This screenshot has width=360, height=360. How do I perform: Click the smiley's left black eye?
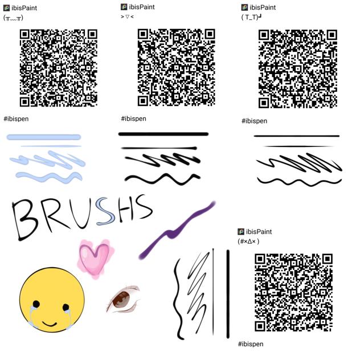36,304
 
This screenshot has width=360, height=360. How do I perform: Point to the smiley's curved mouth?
50,325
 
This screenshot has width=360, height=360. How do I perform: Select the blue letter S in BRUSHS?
105,212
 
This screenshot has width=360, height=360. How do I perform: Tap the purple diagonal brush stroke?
177,230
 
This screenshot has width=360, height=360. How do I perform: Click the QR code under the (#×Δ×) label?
294,292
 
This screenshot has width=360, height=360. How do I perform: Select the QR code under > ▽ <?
177,67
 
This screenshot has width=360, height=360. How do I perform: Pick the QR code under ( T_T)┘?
298,69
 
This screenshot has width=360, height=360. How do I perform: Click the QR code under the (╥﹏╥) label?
59,68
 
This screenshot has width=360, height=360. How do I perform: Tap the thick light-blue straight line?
44,137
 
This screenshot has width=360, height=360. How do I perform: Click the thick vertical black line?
228,294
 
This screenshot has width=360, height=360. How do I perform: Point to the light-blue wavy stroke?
49,177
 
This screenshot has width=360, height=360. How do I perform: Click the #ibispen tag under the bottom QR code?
251,344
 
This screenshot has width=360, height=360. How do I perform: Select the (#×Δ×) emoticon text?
248,242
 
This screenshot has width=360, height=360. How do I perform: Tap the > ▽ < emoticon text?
127,17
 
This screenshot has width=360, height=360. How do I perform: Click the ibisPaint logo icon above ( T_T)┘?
244,7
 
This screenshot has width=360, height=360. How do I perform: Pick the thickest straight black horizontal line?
163,134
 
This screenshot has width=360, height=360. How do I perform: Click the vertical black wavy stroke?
178,299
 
